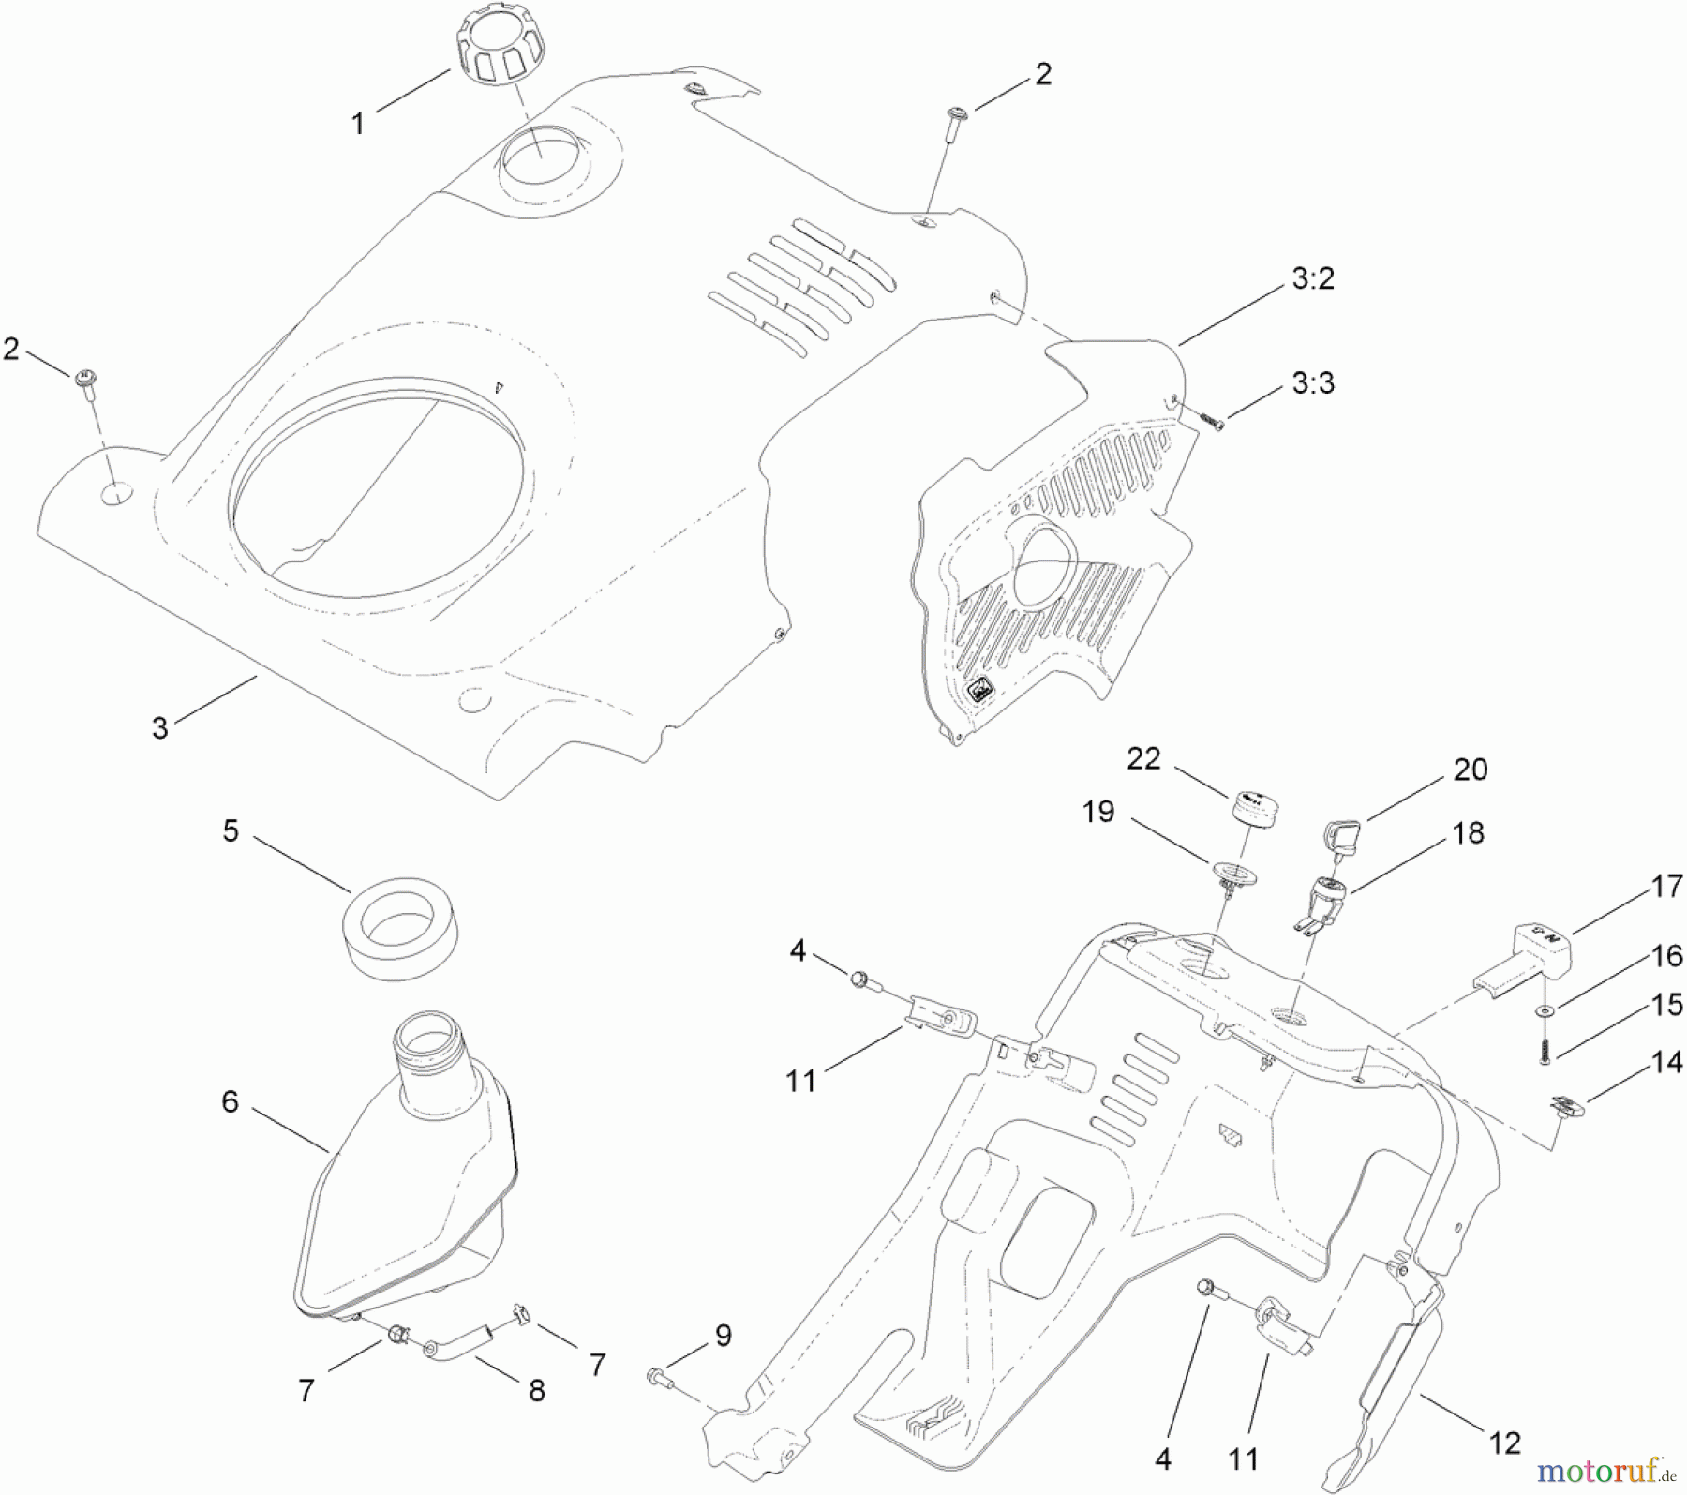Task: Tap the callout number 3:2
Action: point(1312,278)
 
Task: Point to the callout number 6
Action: point(231,1101)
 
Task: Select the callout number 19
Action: point(1098,812)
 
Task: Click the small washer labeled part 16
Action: point(1542,1012)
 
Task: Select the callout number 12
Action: point(1504,1443)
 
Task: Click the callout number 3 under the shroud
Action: point(160,727)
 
